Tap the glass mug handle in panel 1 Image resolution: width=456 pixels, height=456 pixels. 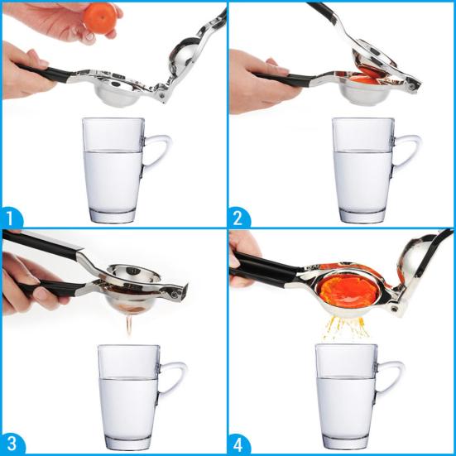click(158, 157)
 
